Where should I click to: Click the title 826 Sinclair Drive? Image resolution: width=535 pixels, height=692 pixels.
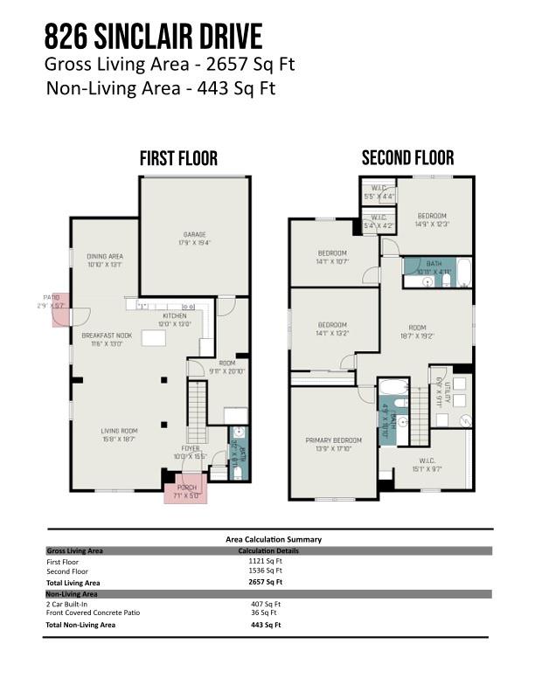point(153,37)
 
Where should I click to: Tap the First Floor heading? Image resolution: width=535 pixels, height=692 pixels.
point(178,158)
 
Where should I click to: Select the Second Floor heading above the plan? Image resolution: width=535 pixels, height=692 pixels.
point(408,157)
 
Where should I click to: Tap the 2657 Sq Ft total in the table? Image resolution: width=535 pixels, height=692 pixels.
point(266,582)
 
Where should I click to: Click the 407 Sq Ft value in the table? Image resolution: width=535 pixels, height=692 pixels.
point(266,604)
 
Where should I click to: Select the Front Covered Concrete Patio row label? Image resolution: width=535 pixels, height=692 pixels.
point(93,612)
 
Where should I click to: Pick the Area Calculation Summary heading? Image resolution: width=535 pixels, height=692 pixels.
point(274,539)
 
